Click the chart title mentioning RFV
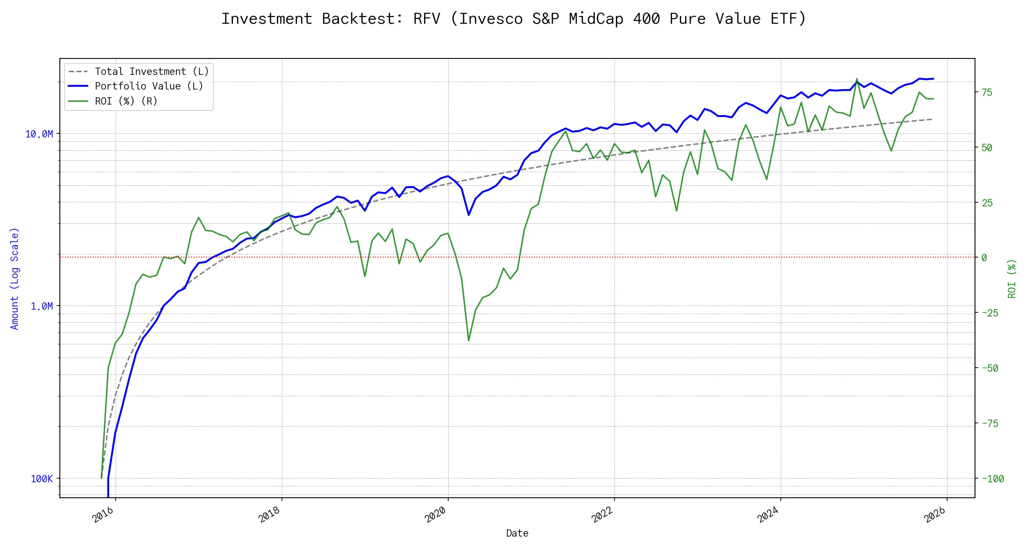pyautogui.click(x=514, y=19)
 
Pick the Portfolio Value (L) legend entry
pyautogui.click(x=149, y=86)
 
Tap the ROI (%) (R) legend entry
pyautogui.click(x=126, y=101)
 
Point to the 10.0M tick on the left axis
pyautogui.click(x=39, y=134)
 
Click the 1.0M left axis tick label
pyautogui.click(x=42, y=306)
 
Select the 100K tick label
pyautogui.click(x=42, y=479)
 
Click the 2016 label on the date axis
pyautogui.click(x=103, y=515)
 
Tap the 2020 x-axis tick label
pyautogui.click(x=435, y=515)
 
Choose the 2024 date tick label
pyautogui.click(x=768, y=515)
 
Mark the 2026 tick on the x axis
pyautogui.click(x=935, y=515)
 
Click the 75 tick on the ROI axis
pyautogui.click(x=987, y=92)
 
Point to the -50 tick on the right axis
pyautogui.click(x=990, y=368)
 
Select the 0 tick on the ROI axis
pyautogui.click(x=984, y=258)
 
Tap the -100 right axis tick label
pyautogui.click(x=993, y=479)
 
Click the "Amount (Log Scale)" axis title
pyautogui.click(x=15, y=279)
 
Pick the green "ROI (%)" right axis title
pyautogui.click(x=1012, y=279)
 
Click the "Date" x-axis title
pyautogui.click(x=517, y=533)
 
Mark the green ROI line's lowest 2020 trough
pyautogui.click(x=469, y=340)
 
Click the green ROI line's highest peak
pyautogui.click(x=857, y=79)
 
